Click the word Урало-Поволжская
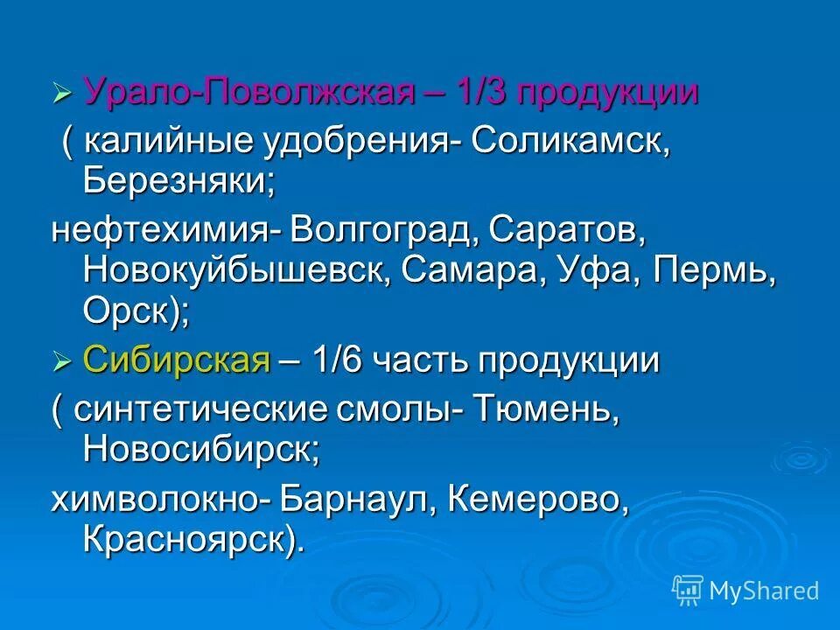tap(248, 93)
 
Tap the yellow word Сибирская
tap(176, 360)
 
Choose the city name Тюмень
tap(546, 409)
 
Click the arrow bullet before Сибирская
tap(60, 360)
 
